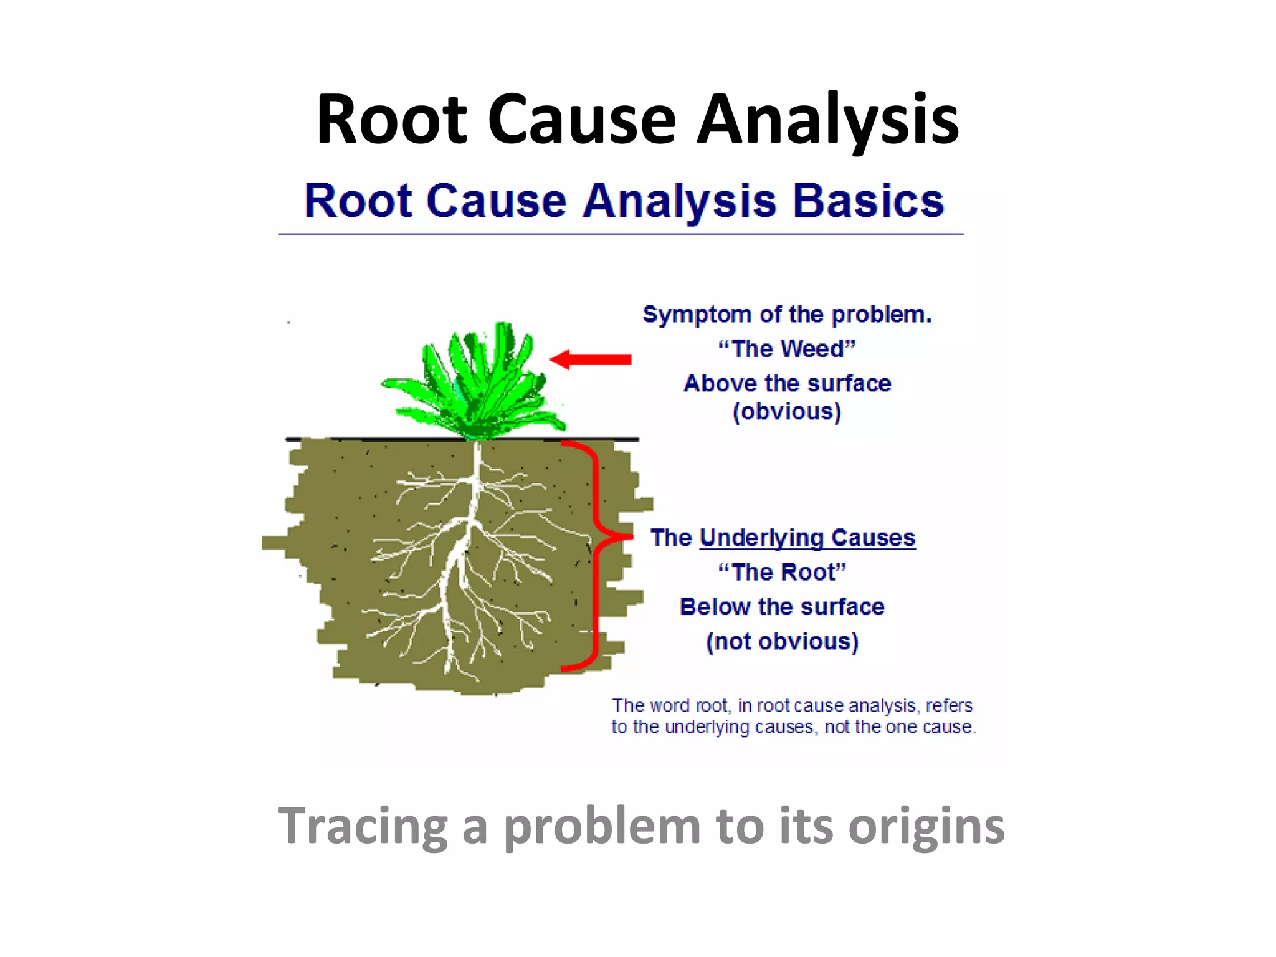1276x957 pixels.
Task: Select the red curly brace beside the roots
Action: click(595, 555)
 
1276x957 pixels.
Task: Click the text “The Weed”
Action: click(787, 349)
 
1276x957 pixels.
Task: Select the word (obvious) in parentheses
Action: click(787, 412)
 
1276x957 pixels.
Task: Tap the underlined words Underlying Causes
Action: click(807, 538)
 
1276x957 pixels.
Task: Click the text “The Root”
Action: click(783, 572)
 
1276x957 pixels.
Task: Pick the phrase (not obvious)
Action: click(783, 641)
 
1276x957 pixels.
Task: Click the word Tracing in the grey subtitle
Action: click(363, 826)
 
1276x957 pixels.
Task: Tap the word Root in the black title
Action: click(391, 120)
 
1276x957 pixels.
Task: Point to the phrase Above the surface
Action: click(787, 383)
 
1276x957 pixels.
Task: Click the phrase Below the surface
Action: click(783, 607)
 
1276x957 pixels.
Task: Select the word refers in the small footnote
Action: click(949, 706)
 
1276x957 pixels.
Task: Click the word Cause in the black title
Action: click(582, 120)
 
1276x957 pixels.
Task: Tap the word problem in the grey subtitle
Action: click(602, 826)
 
